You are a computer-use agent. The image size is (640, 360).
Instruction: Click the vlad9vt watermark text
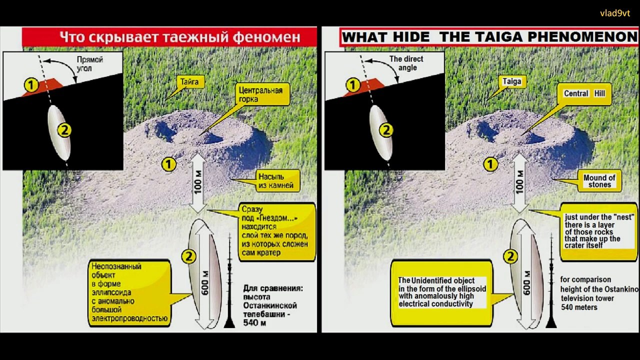(x=615, y=13)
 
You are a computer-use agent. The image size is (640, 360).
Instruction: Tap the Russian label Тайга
(x=189, y=82)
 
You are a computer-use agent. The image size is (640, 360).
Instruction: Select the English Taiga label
(x=512, y=81)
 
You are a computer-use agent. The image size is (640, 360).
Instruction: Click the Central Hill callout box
(x=584, y=94)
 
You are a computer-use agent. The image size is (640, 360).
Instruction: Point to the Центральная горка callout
(x=260, y=94)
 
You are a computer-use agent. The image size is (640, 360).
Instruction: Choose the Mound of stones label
(x=599, y=181)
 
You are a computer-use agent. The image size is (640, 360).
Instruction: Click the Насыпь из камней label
(x=276, y=181)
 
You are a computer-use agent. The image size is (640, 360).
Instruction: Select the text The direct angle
(x=406, y=63)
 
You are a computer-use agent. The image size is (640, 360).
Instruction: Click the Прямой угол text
(x=89, y=64)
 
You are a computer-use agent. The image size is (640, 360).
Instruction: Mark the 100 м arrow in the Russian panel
(x=197, y=183)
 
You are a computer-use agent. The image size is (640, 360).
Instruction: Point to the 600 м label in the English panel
(x=527, y=283)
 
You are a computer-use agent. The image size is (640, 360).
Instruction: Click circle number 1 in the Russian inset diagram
(x=31, y=85)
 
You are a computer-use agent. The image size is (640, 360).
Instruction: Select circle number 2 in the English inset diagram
(x=386, y=130)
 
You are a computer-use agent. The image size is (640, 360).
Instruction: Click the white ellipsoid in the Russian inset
(x=59, y=133)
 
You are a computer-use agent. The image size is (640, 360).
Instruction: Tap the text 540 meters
(x=579, y=307)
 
